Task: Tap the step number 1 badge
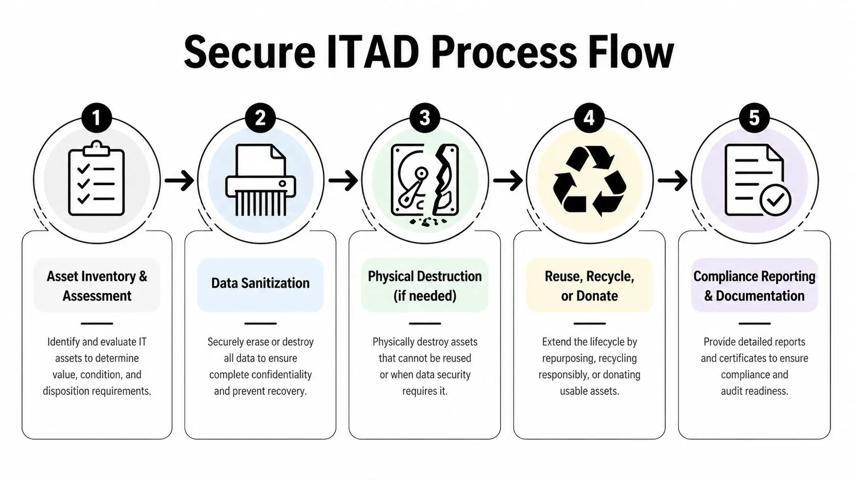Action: pyautogui.click(x=96, y=118)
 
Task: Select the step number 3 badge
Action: pyautogui.click(x=424, y=118)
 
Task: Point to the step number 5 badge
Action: pyautogui.click(x=754, y=118)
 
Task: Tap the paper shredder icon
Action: pyautogui.click(x=260, y=180)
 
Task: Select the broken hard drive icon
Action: pyautogui.click(x=424, y=181)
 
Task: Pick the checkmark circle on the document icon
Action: pyautogui.click(x=775, y=200)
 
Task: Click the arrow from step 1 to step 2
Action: pyautogui.click(x=179, y=180)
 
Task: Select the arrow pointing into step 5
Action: pyautogui.click(x=672, y=180)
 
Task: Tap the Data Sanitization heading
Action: pyautogui.click(x=260, y=284)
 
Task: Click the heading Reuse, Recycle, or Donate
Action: pyautogui.click(x=589, y=286)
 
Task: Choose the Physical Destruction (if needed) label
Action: pyautogui.click(x=424, y=286)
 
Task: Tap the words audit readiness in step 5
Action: pyautogui.click(x=754, y=391)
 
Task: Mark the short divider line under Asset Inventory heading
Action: pyautogui.click(x=96, y=323)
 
